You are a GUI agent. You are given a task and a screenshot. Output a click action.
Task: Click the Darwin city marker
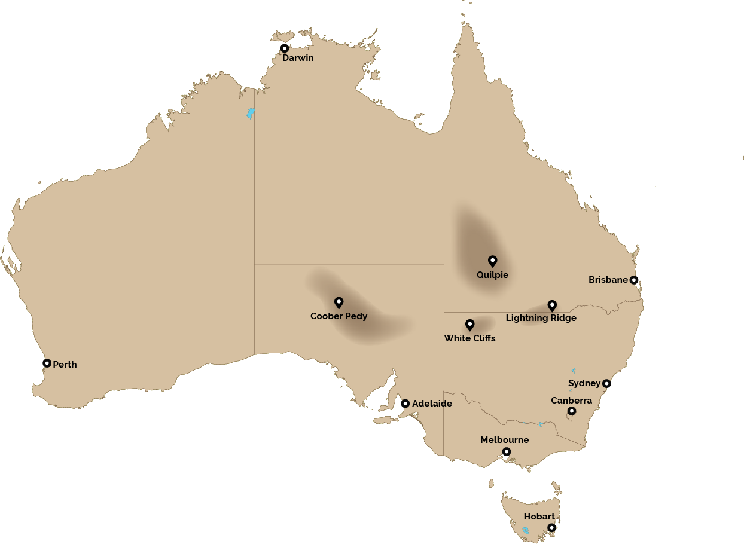click(285, 48)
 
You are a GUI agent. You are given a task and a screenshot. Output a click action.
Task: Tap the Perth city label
click(65, 365)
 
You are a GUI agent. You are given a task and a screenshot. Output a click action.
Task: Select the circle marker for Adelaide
click(405, 404)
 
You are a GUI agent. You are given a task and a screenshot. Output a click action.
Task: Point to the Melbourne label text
click(504, 440)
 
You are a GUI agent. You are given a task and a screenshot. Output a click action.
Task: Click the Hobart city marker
click(551, 528)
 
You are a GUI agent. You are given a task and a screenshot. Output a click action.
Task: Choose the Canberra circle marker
click(571, 411)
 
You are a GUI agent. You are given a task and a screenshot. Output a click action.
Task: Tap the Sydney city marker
click(606, 384)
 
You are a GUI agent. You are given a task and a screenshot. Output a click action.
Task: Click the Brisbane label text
click(608, 280)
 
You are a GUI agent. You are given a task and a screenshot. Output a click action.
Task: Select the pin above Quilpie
click(492, 261)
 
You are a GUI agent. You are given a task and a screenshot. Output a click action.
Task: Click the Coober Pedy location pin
click(339, 302)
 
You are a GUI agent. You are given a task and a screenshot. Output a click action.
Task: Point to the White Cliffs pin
click(469, 325)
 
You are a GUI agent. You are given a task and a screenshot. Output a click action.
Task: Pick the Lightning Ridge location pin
click(552, 305)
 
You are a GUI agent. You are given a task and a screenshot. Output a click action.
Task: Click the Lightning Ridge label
click(541, 318)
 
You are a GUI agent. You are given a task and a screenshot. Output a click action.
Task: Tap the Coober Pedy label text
click(339, 316)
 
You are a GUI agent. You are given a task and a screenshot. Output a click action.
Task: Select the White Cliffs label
click(469, 338)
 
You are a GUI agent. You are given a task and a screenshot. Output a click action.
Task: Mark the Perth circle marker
click(47, 363)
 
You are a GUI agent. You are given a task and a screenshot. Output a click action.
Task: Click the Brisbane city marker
click(634, 280)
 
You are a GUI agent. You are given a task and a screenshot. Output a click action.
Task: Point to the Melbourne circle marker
click(506, 452)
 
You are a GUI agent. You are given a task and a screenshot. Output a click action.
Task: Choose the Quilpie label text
click(492, 275)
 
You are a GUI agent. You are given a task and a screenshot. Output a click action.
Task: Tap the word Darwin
click(298, 58)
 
